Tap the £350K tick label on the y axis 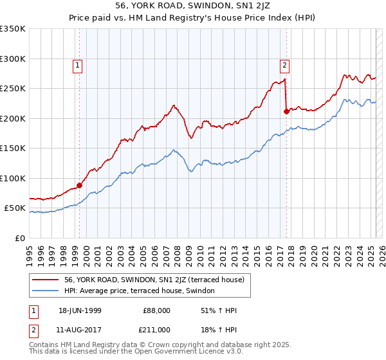pos(13,29)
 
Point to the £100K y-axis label pos(13,178)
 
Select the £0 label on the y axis pos(20,238)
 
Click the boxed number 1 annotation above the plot pos(78,64)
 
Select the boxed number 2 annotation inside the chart pos(284,64)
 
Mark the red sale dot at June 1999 pos(80,185)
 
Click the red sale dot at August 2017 pos(286,111)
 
